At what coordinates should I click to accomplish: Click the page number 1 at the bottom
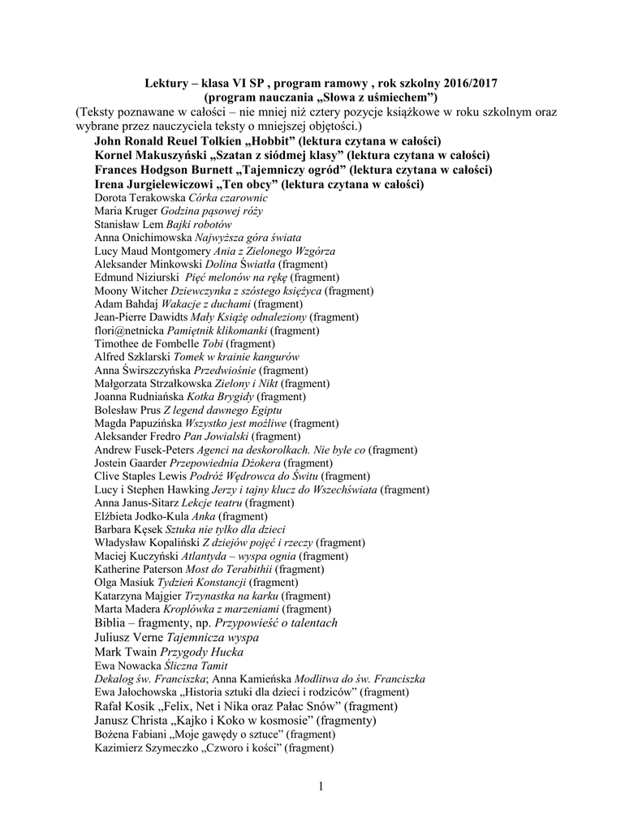click(x=321, y=786)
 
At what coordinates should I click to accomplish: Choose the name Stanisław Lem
click(x=129, y=224)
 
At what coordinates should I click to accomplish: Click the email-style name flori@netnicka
click(x=130, y=331)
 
